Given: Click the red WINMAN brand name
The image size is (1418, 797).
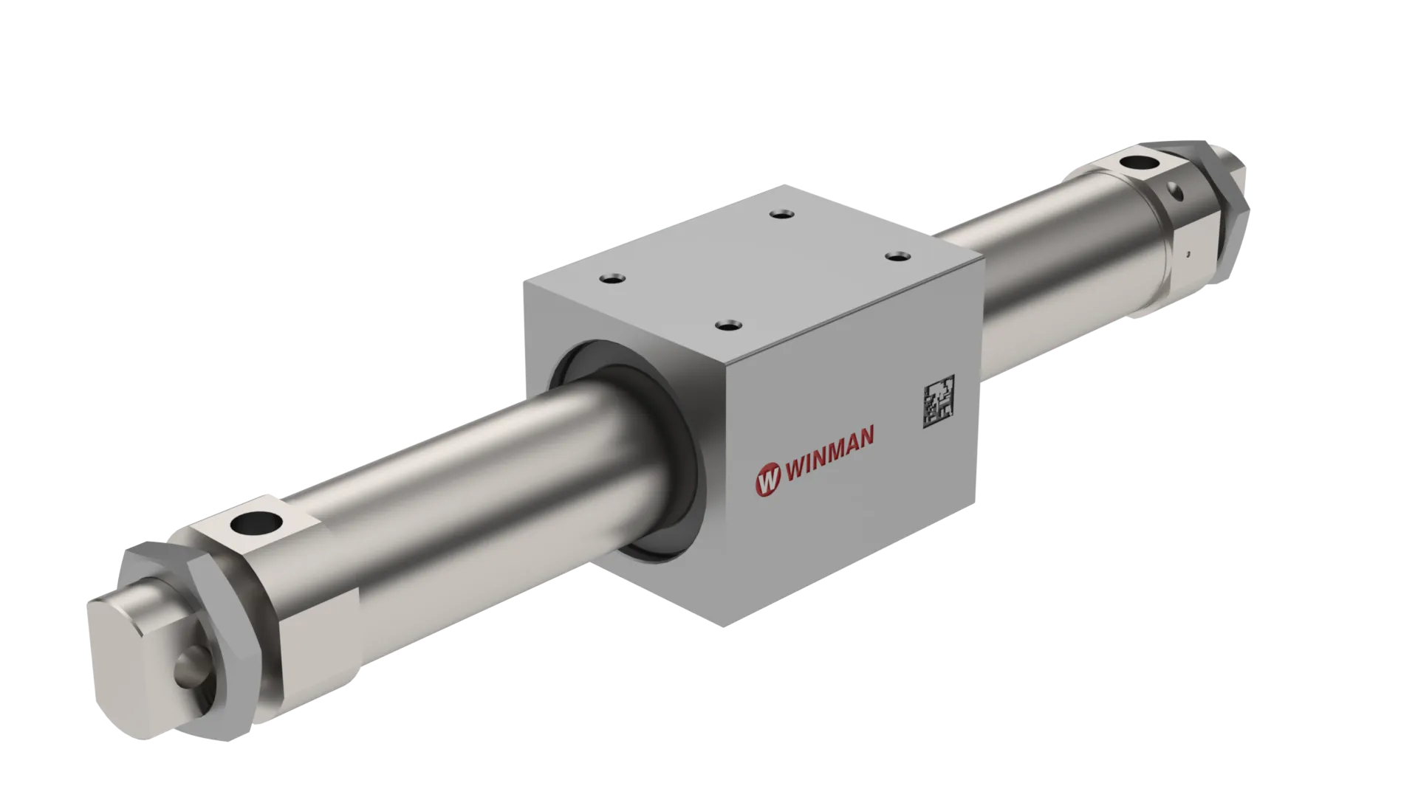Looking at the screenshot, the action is tap(829, 454).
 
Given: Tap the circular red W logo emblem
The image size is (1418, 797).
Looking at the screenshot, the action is tap(767, 478).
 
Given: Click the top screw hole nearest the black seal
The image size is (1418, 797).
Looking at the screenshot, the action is tap(612, 279).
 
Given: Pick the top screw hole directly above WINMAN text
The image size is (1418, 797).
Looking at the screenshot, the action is tap(728, 324).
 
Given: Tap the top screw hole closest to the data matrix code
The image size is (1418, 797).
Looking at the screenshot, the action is tap(896, 255).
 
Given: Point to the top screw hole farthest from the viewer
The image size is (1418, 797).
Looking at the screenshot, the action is tap(781, 214).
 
